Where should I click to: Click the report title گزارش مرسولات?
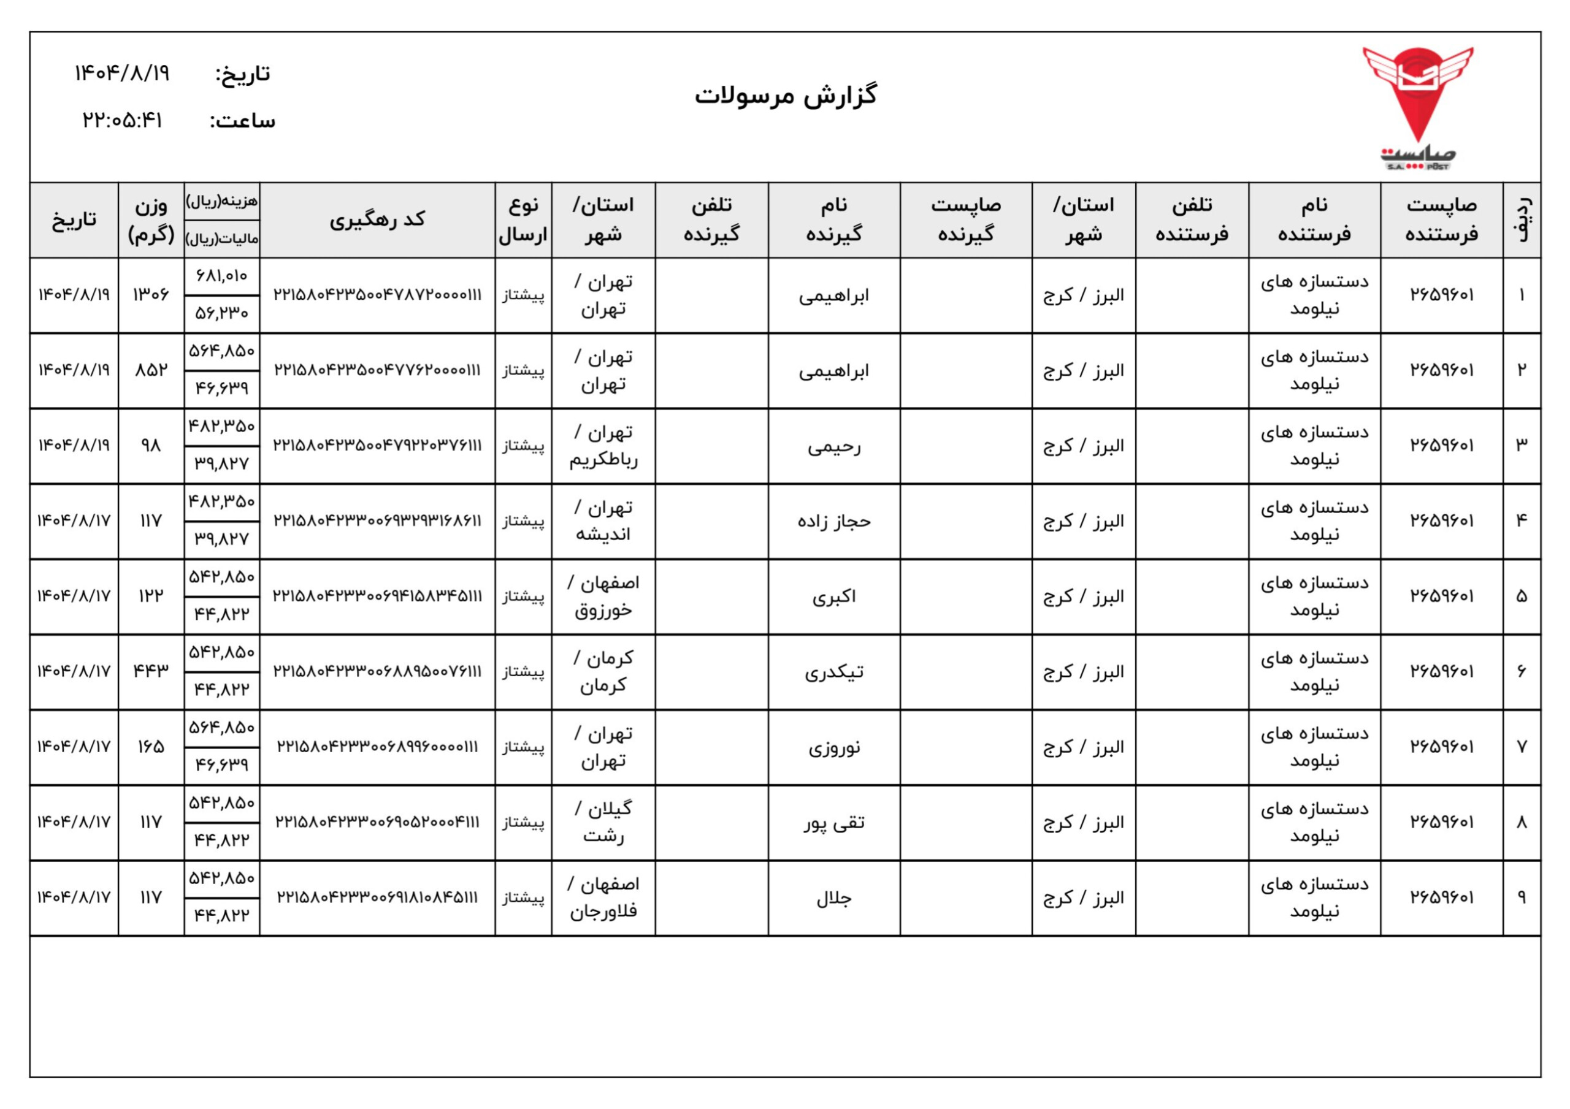point(786,96)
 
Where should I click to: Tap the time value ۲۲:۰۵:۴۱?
point(123,121)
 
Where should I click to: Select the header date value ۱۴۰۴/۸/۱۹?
point(123,73)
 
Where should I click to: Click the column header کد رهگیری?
point(377,219)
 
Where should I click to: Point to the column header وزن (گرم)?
point(150,219)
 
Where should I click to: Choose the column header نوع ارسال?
point(523,219)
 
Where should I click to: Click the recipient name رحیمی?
point(833,446)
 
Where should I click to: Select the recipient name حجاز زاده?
point(833,522)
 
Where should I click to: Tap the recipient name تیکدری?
point(833,672)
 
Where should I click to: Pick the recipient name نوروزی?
point(833,747)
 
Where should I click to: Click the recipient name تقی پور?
point(833,823)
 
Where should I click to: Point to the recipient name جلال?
point(833,897)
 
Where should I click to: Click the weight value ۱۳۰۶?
point(150,295)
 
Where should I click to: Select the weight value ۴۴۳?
point(150,671)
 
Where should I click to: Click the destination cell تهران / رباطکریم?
point(603,446)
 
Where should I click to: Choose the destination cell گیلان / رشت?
point(603,823)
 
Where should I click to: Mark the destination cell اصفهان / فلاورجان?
point(603,897)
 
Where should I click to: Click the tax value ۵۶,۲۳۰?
point(221,314)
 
